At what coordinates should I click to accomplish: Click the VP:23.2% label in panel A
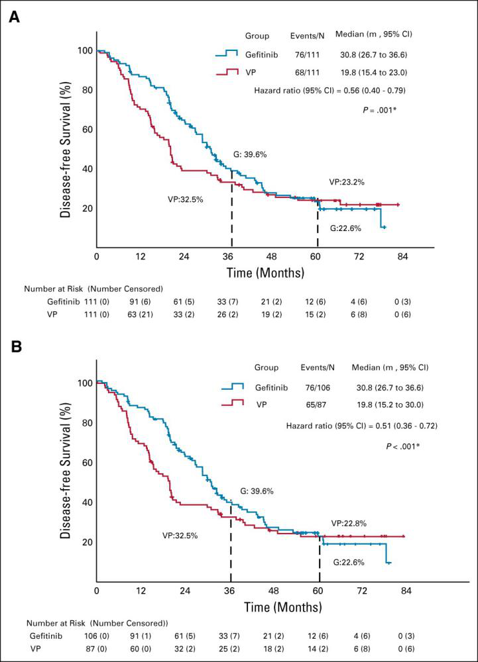click(x=347, y=181)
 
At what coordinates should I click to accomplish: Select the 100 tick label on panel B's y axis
click(x=84, y=383)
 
